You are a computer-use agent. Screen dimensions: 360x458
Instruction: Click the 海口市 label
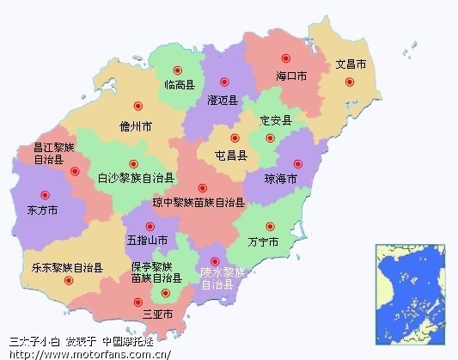click(291, 76)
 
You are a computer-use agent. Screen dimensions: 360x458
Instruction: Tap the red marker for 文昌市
click(349, 82)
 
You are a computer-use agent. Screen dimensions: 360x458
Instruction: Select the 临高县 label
click(180, 85)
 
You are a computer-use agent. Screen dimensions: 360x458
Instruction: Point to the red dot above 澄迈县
click(224, 82)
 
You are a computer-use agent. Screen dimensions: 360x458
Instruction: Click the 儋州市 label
click(136, 125)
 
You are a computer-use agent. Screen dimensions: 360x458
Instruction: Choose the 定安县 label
click(276, 120)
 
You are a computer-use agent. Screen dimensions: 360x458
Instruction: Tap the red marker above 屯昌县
click(234, 137)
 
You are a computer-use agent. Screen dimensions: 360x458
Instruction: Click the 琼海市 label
click(281, 179)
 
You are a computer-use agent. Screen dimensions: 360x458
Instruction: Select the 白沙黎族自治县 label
click(136, 179)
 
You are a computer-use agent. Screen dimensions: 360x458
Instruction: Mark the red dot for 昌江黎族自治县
click(75, 172)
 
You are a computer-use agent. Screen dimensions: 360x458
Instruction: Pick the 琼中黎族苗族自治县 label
click(198, 204)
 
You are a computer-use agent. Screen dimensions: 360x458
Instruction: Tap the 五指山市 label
click(147, 241)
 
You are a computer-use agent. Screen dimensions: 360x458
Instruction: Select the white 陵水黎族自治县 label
click(223, 278)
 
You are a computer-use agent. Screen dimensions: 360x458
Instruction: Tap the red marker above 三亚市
click(137, 302)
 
